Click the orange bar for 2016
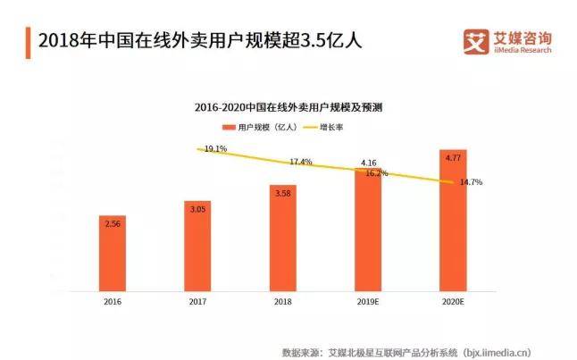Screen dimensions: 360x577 [113, 254]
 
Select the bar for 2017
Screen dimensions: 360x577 [197, 246]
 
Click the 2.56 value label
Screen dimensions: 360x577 [113, 223]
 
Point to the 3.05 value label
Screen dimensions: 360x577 [197, 208]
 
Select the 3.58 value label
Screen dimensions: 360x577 [282, 193]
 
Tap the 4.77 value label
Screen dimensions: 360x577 [453, 156]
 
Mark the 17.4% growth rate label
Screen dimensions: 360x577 [301, 162]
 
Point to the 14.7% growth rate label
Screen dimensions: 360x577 [471, 182]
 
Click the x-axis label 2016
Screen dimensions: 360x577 [113, 302]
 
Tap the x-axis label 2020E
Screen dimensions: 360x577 [453, 302]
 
